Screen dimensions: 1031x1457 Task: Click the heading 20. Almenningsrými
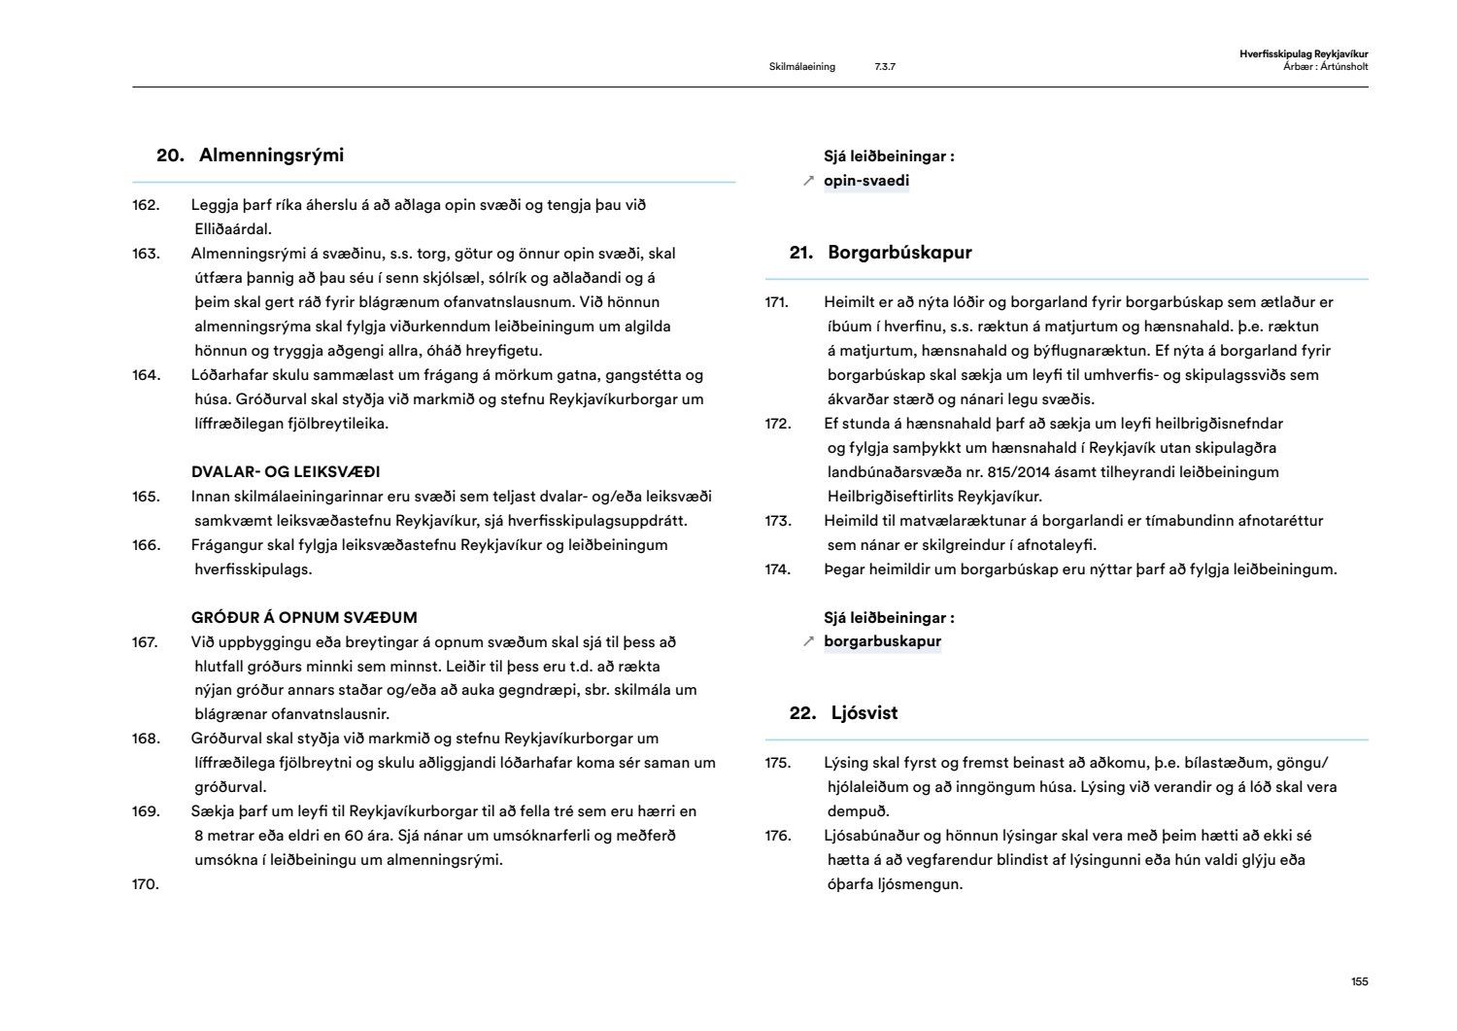pyautogui.click(x=251, y=155)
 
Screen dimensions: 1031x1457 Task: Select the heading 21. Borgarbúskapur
pyautogui.click(x=881, y=253)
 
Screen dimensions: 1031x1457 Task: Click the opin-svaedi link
pyautogui.click(x=866, y=181)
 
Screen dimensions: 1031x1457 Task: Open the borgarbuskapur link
pyautogui.click(x=882, y=641)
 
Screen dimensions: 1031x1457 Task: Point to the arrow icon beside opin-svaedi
pyautogui.click(x=808, y=181)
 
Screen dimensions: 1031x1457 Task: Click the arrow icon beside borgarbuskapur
pyautogui.click(x=808, y=641)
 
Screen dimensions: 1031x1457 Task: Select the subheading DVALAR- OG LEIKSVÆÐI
pyautogui.click(x=286, y=472)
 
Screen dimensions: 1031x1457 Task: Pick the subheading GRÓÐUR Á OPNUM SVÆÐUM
pyautogui.click(x=304, y=618)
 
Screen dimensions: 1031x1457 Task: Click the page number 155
pyautogui.click(x=1359, y=981)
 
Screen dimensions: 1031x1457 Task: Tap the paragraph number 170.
pyautogui.click(x=146, y=884)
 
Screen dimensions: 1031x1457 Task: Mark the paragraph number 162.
pyautogui.click(x=146, y=205)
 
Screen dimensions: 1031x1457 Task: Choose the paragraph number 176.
pyautogui.click(x=778, y=836)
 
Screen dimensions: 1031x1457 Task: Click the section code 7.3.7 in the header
pyautogui.click(x=885, y=67)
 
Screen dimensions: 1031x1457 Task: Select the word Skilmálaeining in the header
pyautogui.click(x=801, y=67)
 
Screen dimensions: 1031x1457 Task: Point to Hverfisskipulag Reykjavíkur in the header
pyautogui.click(x=1304, y=55)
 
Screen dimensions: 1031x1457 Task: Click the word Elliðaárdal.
pyautogui.click(x=233, y=229)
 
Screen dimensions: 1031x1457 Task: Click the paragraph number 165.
pyautogui.click(x=146, y=497)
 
